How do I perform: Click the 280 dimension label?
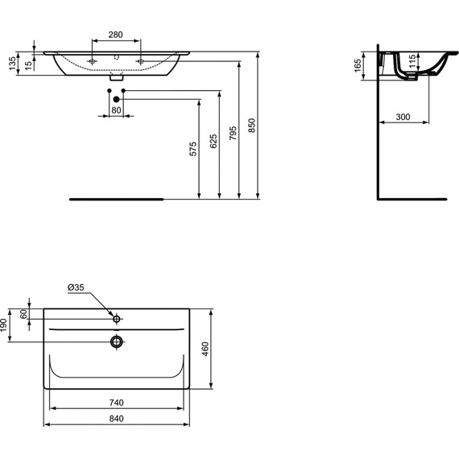[x=116, y=35]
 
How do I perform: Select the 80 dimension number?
[x=116, y=110]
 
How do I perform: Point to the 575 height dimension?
[x=192, y=150]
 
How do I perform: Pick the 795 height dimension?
[x=234, y=134]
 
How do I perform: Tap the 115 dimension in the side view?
[x=411, y=62]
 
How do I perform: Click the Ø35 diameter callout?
[x=76, y=287]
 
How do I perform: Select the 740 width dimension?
[x=117, y=403]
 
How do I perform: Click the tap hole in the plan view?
[x=117, y=320]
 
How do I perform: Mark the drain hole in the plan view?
[x=117, y=341]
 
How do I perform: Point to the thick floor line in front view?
[x=117, y=197]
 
